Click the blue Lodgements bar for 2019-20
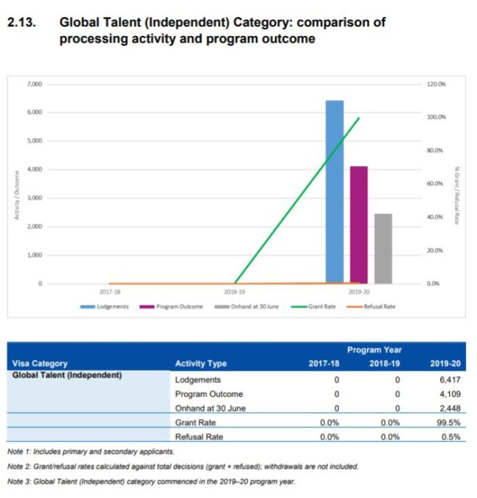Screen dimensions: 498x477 pyautogui.click(x=334, y=191)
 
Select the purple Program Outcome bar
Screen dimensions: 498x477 pyautogui.click(x=358, y=224)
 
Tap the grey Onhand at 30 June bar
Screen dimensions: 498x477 pyautogui.click(x=383, y=248)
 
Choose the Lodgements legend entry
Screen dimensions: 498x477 pyautogui.click(x=111, y=306)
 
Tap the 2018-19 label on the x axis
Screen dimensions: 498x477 pyautogui.click(x=235, y=292)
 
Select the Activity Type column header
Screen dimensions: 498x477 pyautogui.click(x=201, y=363)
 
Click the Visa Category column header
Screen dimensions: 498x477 pyautogui.click(x=40, y=363)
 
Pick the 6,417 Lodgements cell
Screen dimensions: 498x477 pyautogui.click(x=448, y=380)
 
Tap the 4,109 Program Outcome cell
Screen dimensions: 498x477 pyautogui.click(x=448, y=394)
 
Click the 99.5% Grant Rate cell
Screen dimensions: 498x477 pyautogui.click(x=448, y=422)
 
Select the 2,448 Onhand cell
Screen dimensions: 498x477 pyautogui.click(x=448, y=408)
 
